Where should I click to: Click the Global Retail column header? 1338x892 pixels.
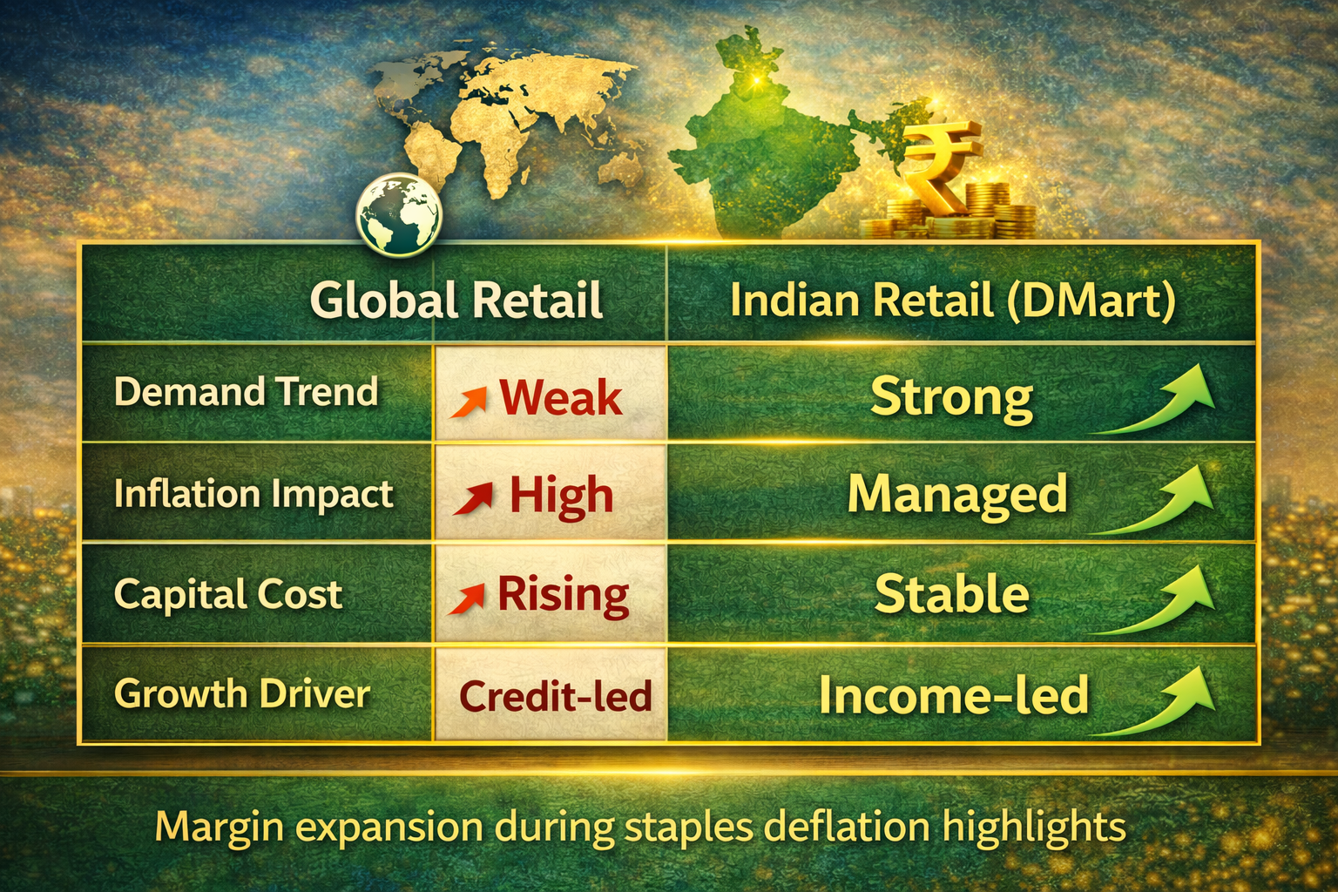[456, 300]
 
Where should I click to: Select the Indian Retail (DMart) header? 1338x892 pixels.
[952, 301]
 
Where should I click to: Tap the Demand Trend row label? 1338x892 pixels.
[246, 392]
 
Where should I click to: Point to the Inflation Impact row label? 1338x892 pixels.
[253, 494]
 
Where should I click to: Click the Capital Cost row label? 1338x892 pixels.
[228, 595]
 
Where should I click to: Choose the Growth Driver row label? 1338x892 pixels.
[242, 694]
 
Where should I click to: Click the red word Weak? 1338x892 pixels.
[560, 398]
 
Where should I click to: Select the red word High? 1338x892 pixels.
[561, 496]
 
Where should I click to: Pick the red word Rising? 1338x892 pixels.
[563, 596]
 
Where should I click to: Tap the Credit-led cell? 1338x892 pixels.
[555, 696]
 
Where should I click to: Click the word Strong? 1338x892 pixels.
[951, 397]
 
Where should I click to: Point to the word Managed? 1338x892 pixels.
[957, 494]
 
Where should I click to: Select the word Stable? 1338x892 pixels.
[951, 595]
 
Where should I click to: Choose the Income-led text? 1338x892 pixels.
[954, 696]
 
